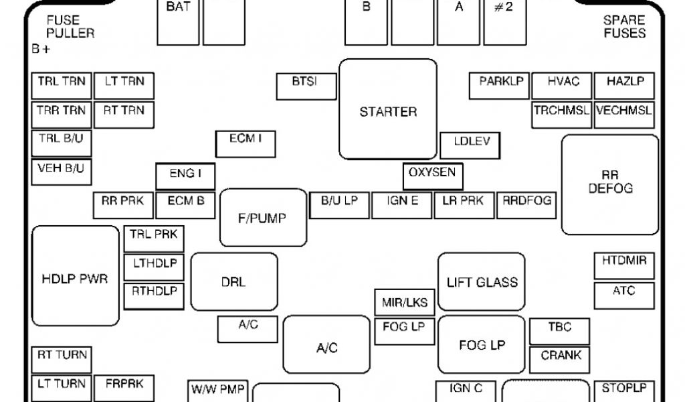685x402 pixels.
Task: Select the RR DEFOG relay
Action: tap(610, 184)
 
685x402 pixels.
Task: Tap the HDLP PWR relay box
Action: tap(75, 276)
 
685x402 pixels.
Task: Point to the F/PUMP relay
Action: tap(263, 218)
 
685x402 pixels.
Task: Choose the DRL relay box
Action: tap(234, 281)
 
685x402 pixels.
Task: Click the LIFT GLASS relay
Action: tap(482, 281)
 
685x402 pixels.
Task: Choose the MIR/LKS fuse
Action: tap(404, 302)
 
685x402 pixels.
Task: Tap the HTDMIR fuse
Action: tap(624, 265)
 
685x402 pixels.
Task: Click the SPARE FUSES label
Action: tap(624, 27)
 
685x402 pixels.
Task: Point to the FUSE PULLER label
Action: tap(70, 27)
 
